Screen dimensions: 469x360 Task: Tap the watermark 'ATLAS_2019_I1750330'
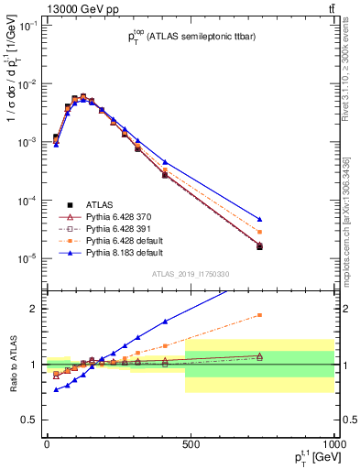click(189, 274)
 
